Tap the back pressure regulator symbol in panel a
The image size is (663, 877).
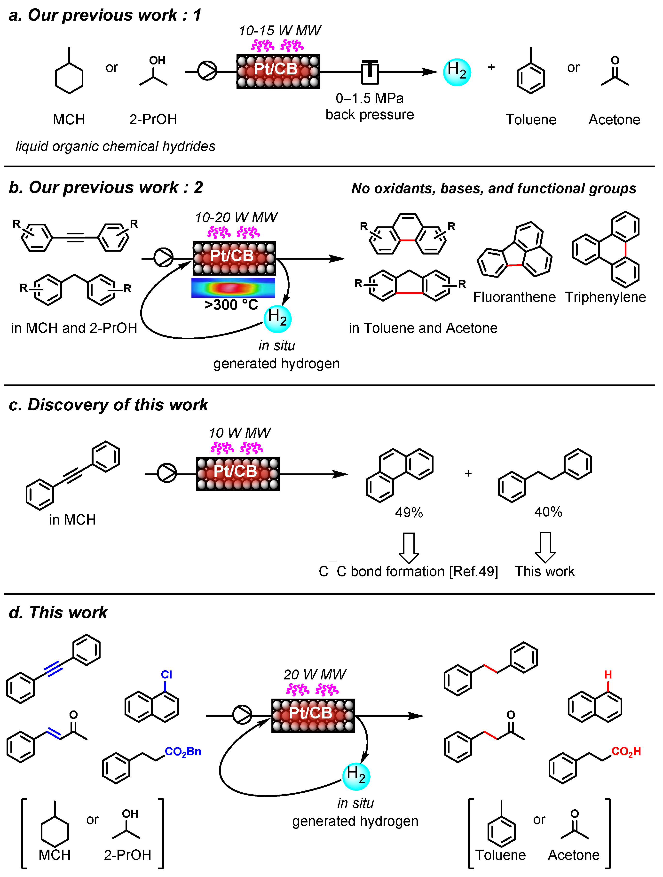coord(370,72)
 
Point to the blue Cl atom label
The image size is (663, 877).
coord(166,674)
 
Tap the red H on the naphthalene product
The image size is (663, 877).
coord(608,674)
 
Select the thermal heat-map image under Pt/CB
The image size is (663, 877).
coord(233,288)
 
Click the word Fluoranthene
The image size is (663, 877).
coord(514,297)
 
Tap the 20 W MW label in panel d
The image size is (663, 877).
coord(315,674)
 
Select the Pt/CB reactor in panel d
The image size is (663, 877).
coord(313,715)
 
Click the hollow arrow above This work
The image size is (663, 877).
coord(545,547)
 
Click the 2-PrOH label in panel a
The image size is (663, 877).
coord(153,119)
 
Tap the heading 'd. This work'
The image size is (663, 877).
coord(58,613)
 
